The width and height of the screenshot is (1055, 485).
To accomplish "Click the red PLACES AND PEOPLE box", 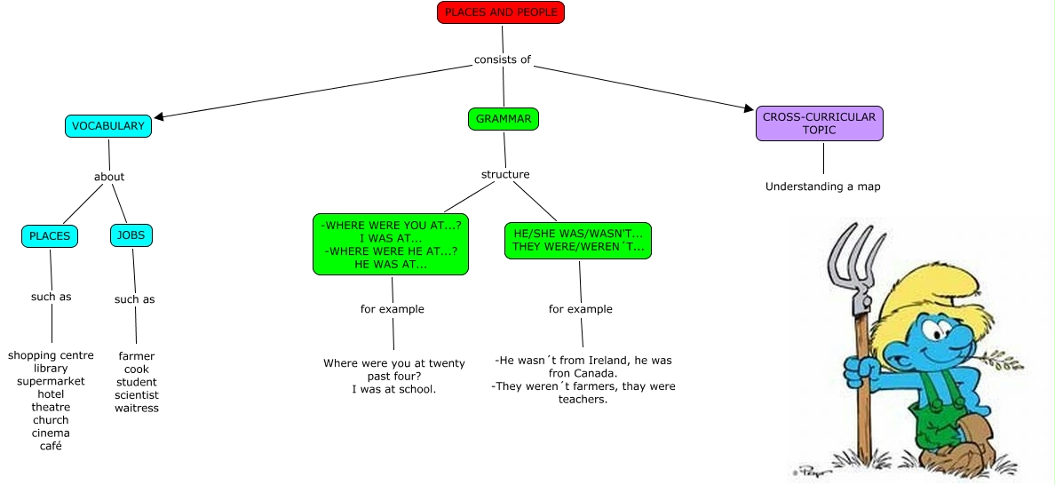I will pos(501,12).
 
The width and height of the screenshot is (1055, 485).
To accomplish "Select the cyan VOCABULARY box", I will pos(108,126).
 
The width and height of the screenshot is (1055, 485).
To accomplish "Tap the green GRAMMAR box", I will pos(504,118).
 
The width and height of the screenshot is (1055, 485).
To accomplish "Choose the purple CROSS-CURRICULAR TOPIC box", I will pos(819,123).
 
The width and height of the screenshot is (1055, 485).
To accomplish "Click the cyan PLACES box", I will pos(50,236).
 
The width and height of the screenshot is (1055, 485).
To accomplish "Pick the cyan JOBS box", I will pos(132,235).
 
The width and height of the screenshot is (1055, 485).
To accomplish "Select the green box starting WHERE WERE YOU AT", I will pos(391,244).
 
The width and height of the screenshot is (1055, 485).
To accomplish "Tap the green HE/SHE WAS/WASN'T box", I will pos(577,240).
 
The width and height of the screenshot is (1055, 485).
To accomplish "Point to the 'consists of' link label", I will pos(503,60).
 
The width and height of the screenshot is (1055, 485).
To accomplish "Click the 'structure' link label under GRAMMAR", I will pos(505,174).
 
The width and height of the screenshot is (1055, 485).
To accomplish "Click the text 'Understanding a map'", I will pos(823,187).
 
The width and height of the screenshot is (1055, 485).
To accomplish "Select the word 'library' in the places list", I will pos(51,369).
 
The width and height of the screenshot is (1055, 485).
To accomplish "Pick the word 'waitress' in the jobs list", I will pos(137,408).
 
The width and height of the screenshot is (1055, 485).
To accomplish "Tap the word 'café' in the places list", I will pos(51,446).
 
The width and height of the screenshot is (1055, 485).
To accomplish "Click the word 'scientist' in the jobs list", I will pos(137,395).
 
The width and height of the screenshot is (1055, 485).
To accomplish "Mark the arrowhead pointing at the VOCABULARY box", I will pos(160,115).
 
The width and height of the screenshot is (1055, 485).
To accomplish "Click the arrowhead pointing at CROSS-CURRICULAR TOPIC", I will pos(748,109).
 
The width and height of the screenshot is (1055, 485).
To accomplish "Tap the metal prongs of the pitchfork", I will pos(851,258).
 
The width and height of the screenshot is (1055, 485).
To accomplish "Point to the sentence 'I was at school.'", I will pos(393,389).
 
